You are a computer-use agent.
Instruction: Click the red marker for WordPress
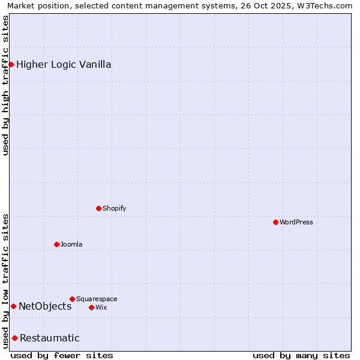coord(275,222)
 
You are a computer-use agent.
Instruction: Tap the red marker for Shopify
coord(98,208)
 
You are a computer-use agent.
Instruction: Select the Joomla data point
coord(56,244)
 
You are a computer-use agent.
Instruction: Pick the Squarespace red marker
coord(72,299)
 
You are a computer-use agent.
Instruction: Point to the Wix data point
coord(91,307)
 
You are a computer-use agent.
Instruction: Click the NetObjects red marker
coord(13,306)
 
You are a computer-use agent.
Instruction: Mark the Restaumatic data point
coord(14,338)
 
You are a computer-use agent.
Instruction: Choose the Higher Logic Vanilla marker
coord(11,64)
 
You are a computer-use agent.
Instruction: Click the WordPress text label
coord(296,222)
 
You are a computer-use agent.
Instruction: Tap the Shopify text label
coord(115,208)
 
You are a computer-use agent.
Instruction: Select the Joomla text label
coord(71,244)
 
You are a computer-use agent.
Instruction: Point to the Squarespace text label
coord(97,299)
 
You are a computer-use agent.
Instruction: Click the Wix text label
coord(101,307)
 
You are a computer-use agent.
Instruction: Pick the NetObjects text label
coord(45,306)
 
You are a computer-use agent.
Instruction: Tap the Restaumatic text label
coord(50,338)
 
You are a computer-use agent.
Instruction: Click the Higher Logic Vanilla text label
coord(64,64)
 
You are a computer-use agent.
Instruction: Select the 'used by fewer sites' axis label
coord(62,355)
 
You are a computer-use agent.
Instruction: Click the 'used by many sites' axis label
coord(301,355)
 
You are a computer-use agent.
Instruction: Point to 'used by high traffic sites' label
coord(6,85)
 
